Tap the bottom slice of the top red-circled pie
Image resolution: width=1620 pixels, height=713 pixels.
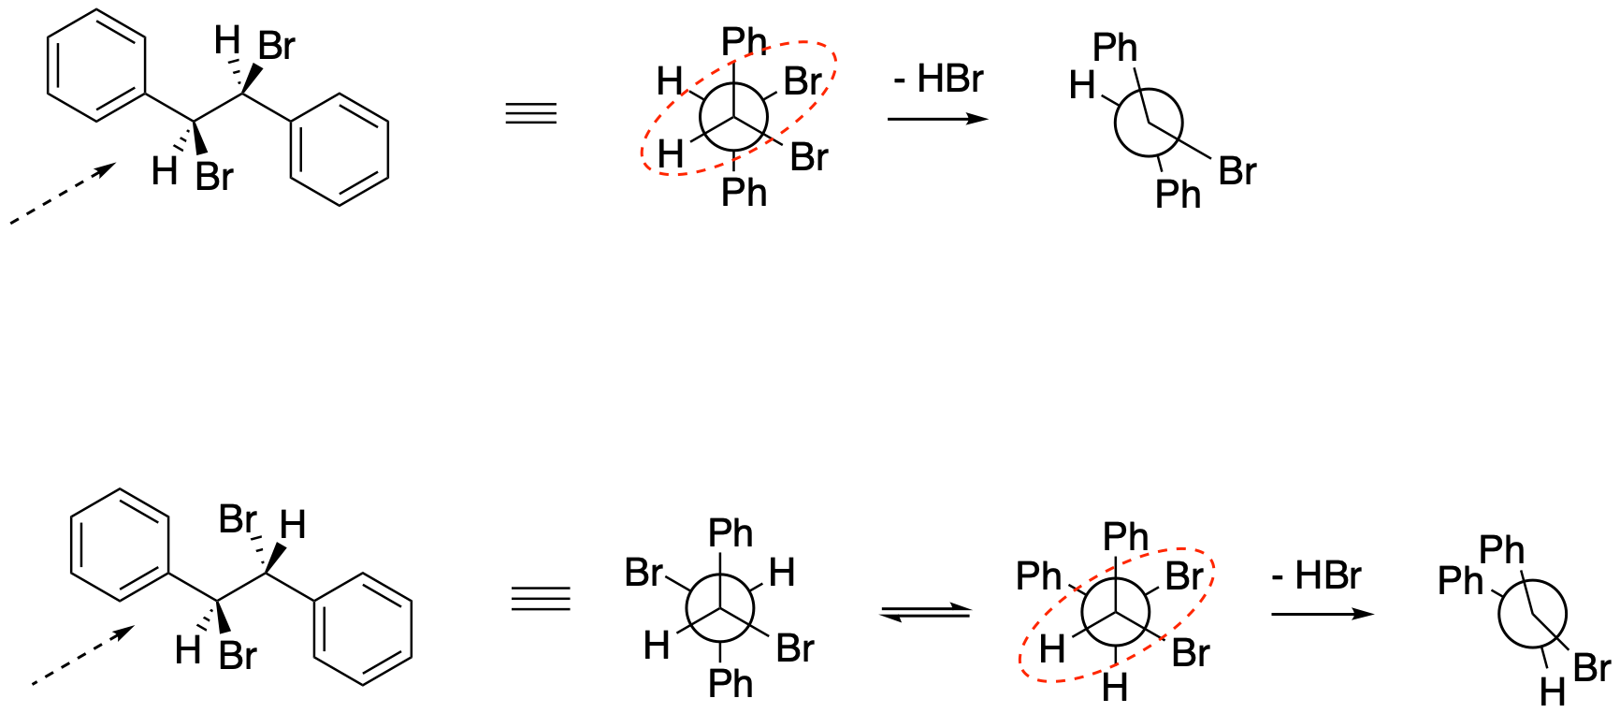[734, 136]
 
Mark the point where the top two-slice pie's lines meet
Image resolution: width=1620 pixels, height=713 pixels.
[1150, 123]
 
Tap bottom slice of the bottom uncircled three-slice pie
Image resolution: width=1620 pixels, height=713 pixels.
[720, 627]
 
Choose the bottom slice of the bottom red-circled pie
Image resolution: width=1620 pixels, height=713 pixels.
[1116, 631]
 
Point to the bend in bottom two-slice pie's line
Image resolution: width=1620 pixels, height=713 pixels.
[1534, 614]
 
